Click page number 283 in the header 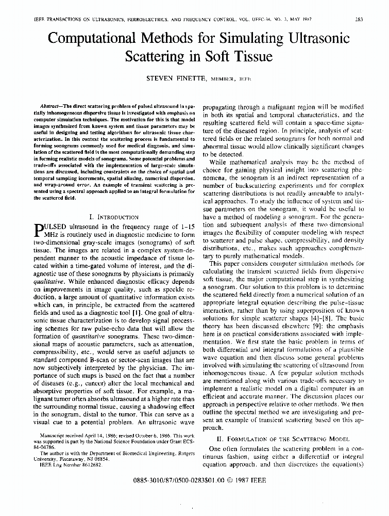359,20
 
